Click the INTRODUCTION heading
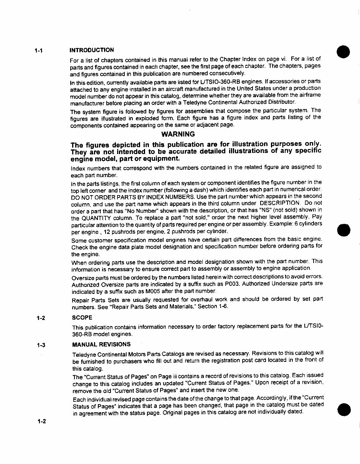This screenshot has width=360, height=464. (91, 50)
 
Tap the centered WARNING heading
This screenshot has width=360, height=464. (178, 134)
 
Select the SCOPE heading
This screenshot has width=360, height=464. (82, 318)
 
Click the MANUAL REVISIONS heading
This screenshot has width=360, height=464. (101, 344)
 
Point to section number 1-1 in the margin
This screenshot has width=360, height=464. (39, 51)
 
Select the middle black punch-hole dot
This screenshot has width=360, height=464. (343, 229)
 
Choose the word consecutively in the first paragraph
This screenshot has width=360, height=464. (225, 73)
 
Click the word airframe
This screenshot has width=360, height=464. (308, 96)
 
